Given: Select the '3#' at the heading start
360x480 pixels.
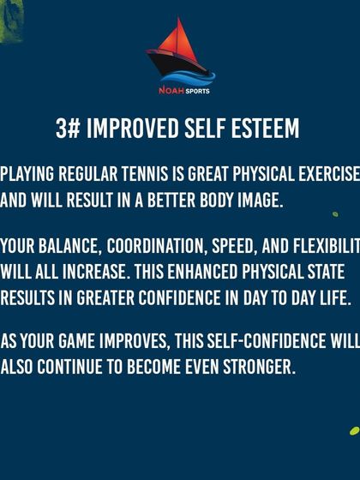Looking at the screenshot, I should coord(68,129).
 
